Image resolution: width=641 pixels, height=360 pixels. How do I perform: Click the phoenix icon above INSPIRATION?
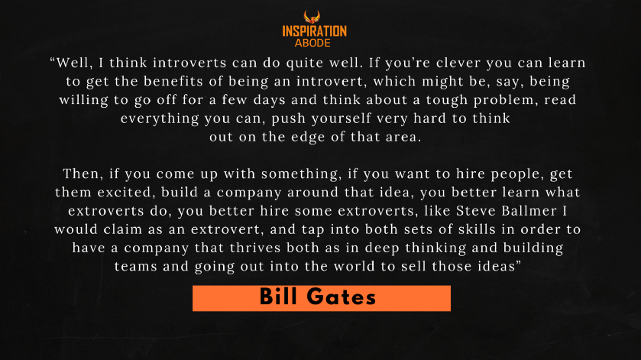pos(312,17)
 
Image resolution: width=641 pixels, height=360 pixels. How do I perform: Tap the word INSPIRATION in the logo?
pos(314,31)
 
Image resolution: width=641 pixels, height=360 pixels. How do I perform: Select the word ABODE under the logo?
pos(312,43)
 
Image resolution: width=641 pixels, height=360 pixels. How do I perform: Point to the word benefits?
pos(173,81)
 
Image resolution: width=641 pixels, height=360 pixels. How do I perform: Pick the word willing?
pos(84,100)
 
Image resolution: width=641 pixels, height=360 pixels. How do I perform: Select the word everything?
pos(160,118)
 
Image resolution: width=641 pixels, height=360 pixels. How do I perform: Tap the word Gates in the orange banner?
pos(341,297)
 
